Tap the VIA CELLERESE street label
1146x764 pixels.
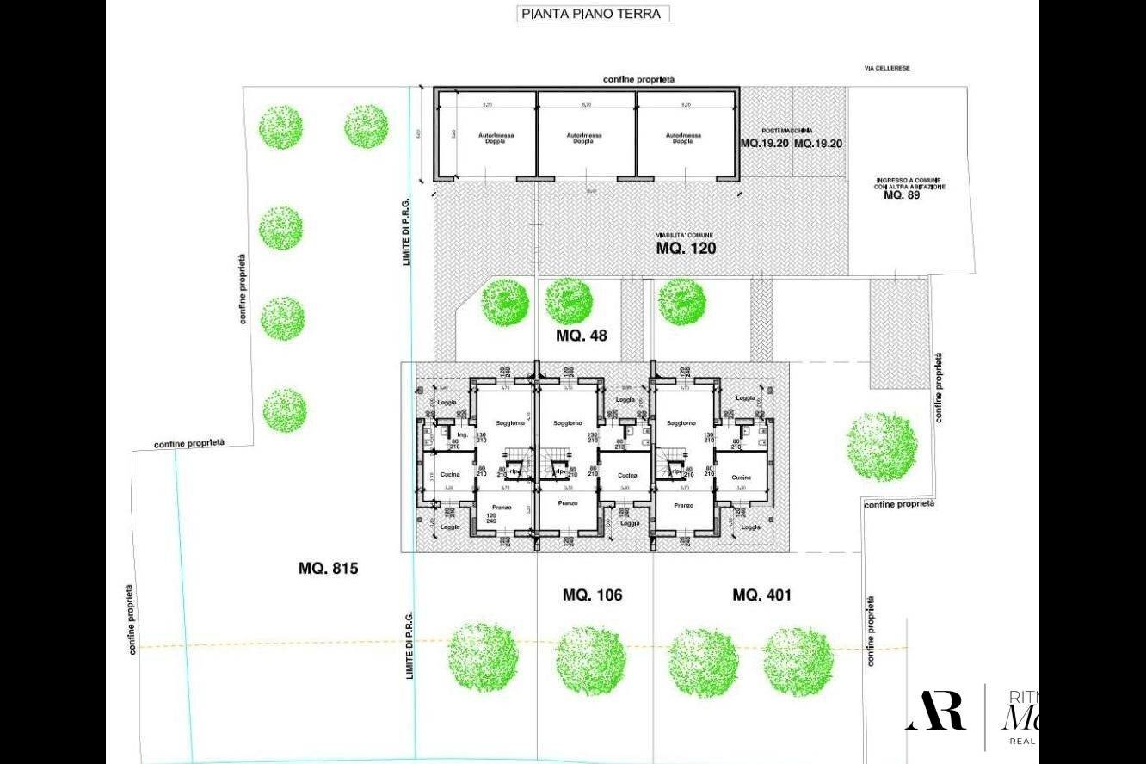pyautogui.click(x=887, y=68)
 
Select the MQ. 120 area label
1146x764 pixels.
pyautogui.click(x=686, y=248)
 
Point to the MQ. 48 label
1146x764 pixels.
pyautogui.click(x=582, y=336)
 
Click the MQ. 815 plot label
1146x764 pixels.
pyautogui.click(x=328, y=568)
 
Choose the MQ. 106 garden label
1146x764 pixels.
pyautogui.click(x=592, y=595)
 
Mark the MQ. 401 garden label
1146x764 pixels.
pyautogui.click(x=761, y=595)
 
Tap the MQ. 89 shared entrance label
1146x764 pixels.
pyautogui.click(x=902, y=194)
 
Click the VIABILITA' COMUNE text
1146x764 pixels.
pyautogui.click(x=685, y=235)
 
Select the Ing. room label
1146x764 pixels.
pyautogui.click(x=462, y=435)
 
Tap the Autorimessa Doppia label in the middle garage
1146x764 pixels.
pyautogui.click(x=585, y=138)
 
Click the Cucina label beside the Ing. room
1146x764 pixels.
pyautogui.click(x=450, y=474)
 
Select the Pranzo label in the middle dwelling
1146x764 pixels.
pyautogui.click(x=568, y=502)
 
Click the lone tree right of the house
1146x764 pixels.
pyautogui.click(x=881, y=446)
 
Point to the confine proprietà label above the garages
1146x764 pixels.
pyautogui.click(x=639, y=79)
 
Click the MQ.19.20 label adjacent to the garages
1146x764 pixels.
pyautogui.click(x=765, y=143)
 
